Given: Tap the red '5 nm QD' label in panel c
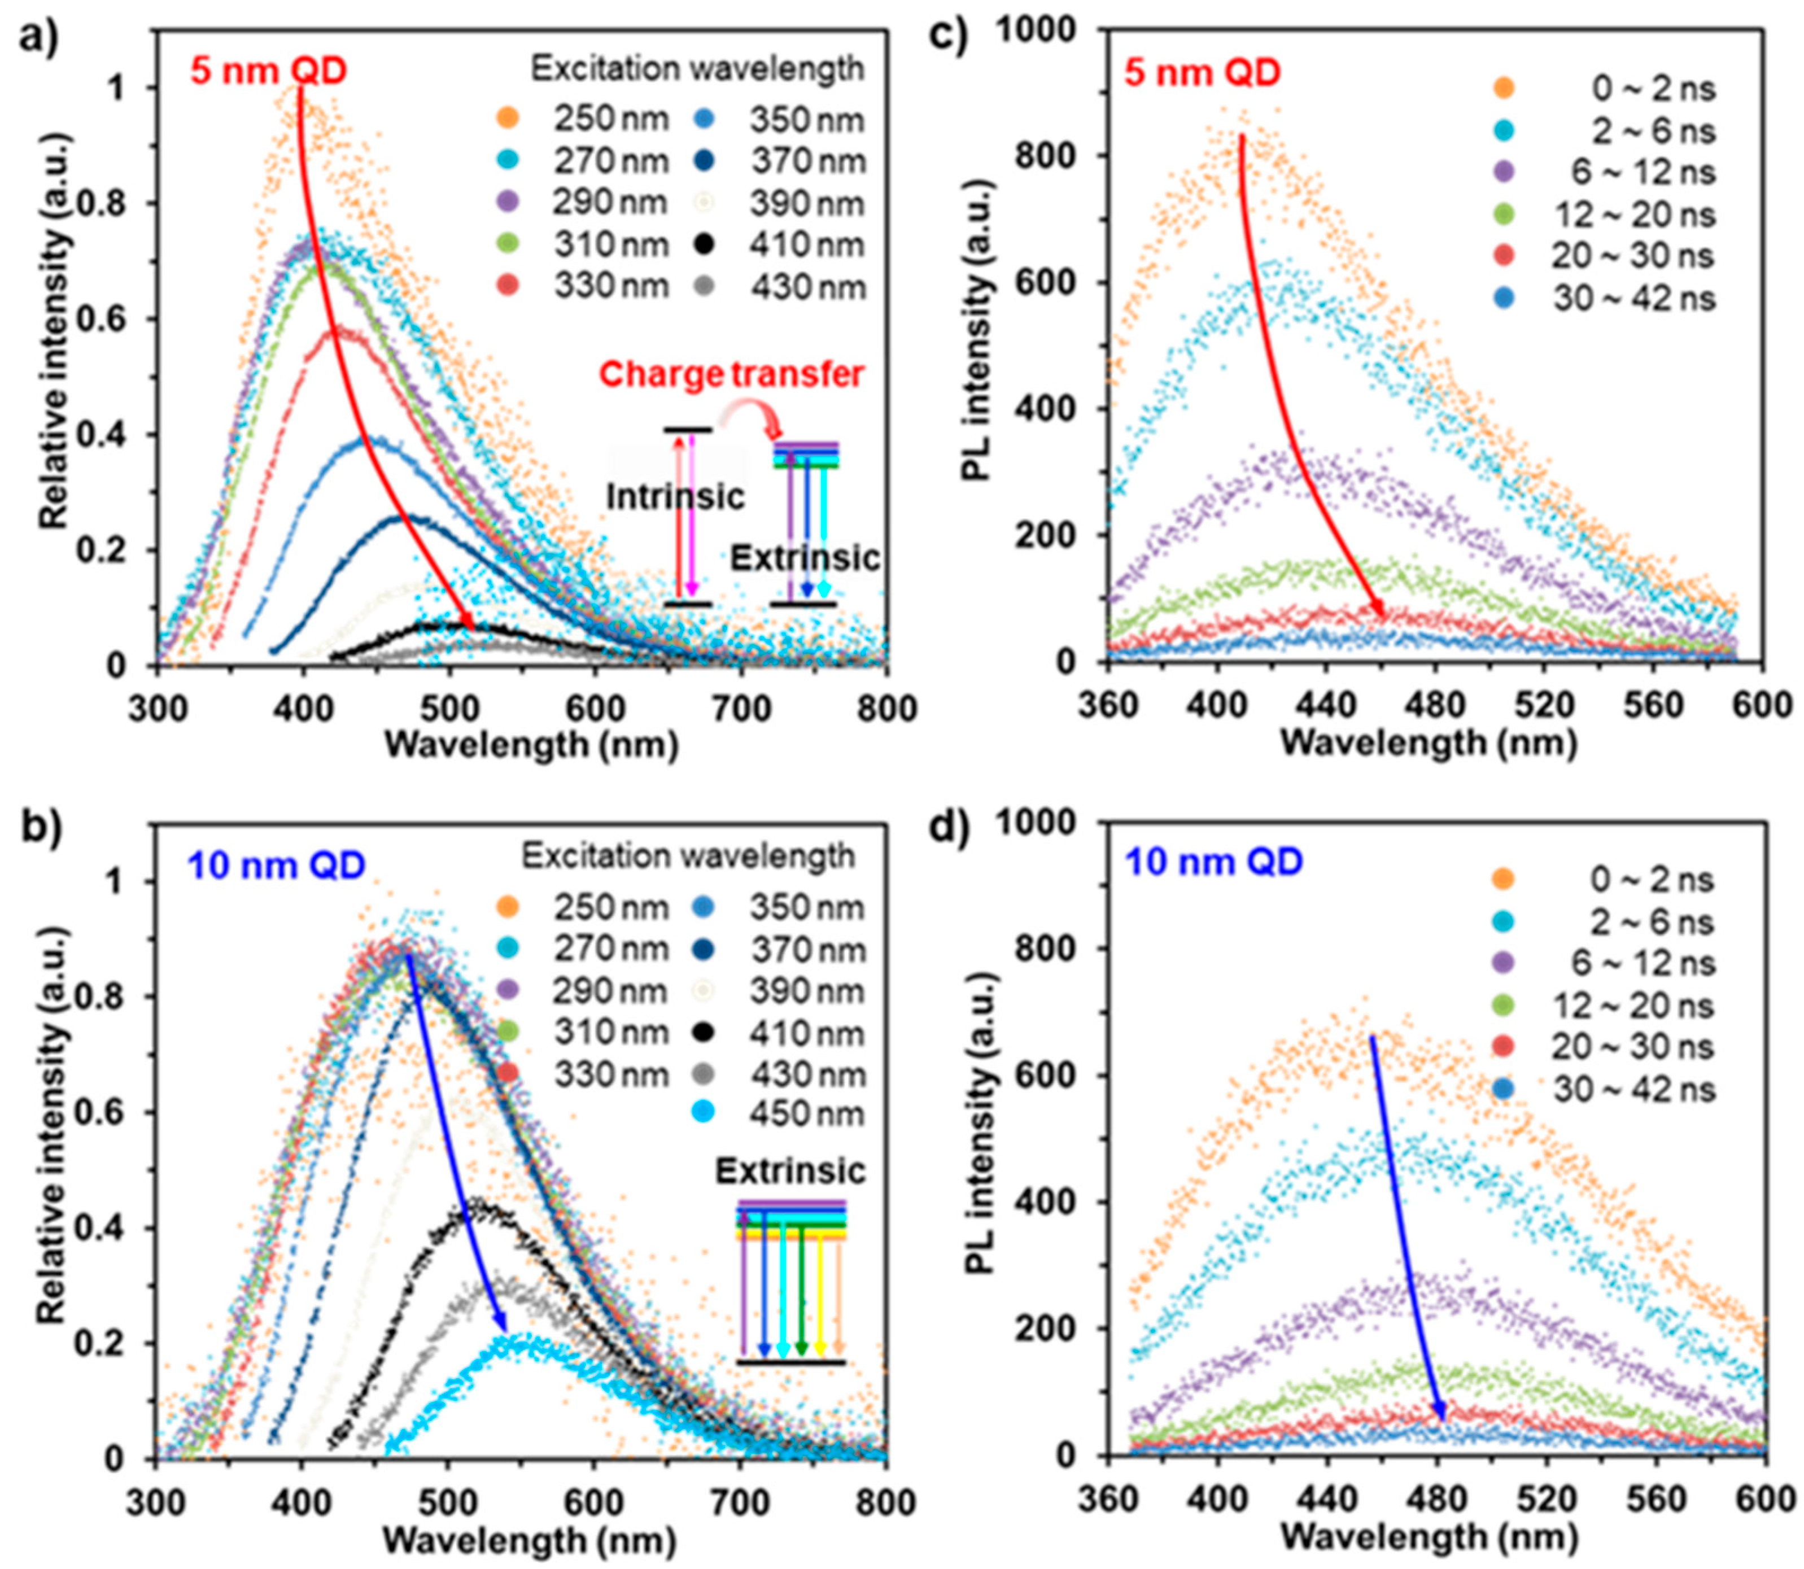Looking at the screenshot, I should tap(1207, 72).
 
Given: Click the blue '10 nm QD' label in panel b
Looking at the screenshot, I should tap(277, 865).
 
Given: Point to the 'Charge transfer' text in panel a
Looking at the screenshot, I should tap(731, 375).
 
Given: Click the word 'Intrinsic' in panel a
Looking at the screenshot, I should tap(675, 496).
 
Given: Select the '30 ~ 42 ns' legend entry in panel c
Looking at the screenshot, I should tap(1634, 299).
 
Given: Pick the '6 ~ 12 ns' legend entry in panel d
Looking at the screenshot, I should tap(1634, 963).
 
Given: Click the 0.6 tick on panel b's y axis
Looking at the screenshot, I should tap(102, 1112).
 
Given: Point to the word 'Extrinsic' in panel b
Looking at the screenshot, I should tap(790, 1170).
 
